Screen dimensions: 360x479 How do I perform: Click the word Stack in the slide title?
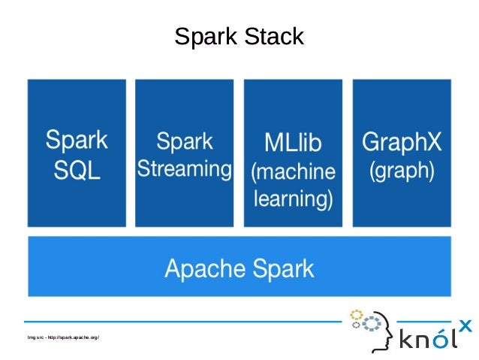click(277, 37)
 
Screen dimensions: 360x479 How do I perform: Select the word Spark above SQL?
click(77, 141)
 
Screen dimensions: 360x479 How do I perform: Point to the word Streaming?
click(184, 168)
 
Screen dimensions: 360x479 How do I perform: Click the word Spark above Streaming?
click(184, 141)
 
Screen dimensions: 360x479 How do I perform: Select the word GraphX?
click(401, 141)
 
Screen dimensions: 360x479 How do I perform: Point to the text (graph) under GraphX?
click(401, 170)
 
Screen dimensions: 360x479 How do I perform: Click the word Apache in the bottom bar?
click(202, 268)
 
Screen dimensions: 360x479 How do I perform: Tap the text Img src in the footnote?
click(35, 337)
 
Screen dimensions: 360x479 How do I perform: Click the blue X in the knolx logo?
click(465, 325)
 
